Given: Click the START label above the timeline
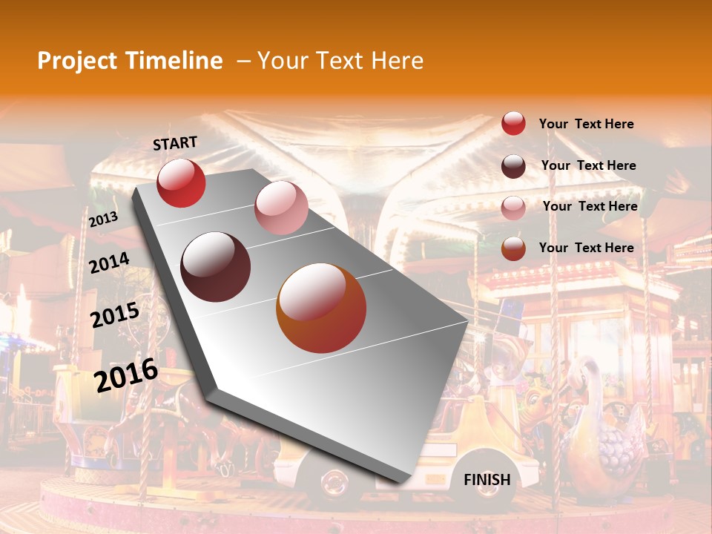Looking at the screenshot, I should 175,142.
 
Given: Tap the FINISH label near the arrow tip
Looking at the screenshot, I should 487,480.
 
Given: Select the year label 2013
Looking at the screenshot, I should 103,220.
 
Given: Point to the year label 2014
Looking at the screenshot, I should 109,263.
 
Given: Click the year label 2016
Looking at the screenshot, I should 126,375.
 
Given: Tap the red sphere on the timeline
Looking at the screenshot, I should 181,182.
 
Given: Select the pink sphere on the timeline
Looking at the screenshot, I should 281,208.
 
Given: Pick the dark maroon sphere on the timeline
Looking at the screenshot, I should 215,267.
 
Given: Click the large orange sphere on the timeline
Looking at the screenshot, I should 321,309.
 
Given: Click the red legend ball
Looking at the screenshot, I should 513,124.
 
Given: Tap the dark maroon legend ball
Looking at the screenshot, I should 513,166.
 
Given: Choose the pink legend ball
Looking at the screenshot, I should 513,208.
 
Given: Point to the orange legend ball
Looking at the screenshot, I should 513,248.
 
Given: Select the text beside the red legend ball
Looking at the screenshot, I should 586,124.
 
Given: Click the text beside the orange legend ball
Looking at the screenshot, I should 586,248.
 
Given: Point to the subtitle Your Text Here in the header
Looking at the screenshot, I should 340,61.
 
